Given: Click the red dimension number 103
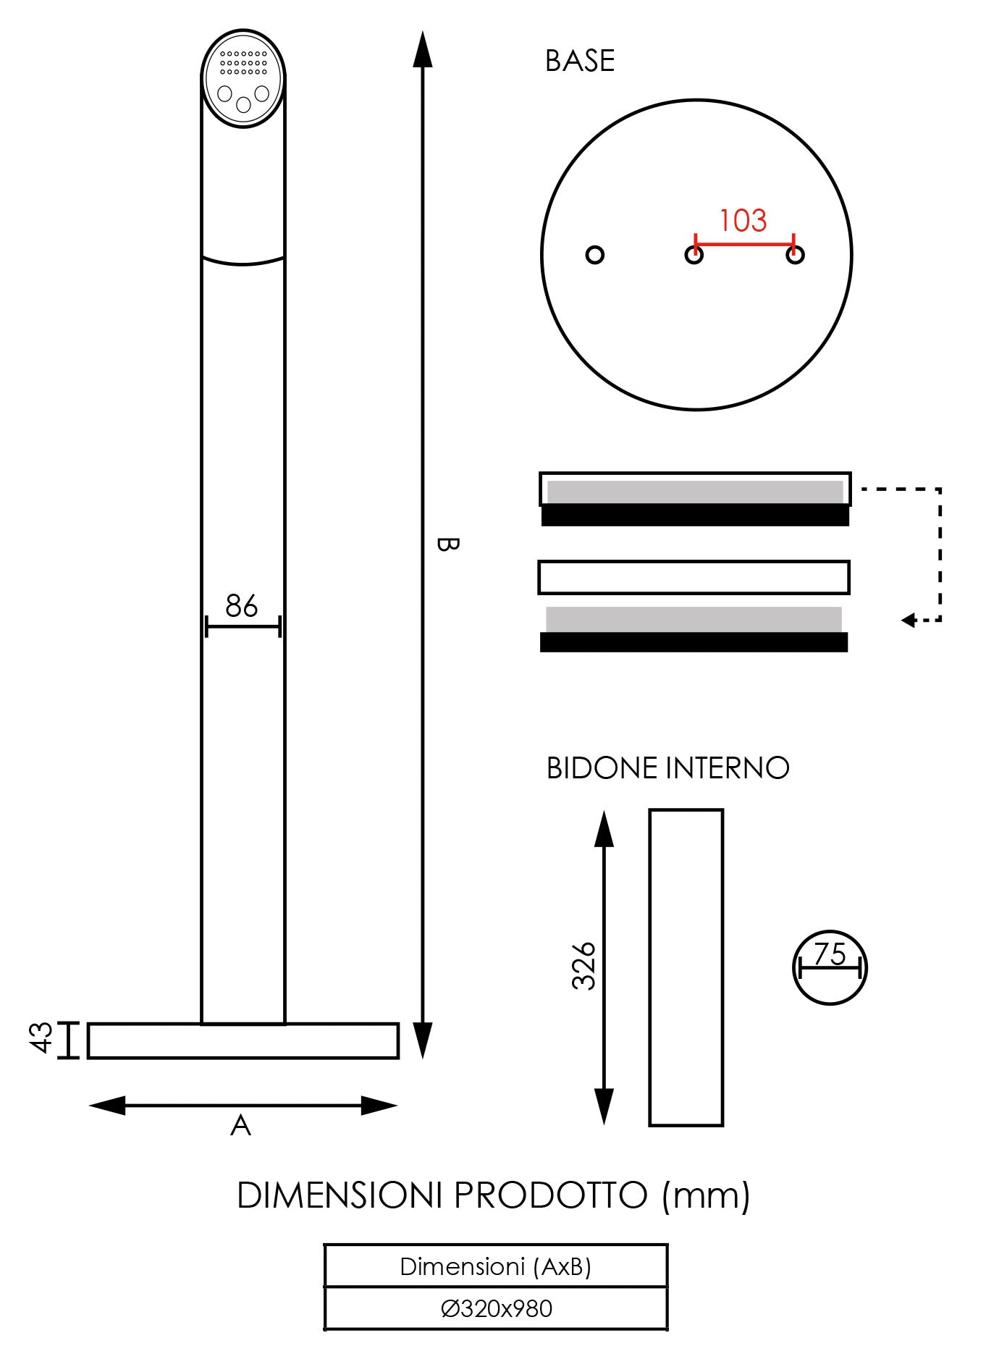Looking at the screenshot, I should pos(743,220).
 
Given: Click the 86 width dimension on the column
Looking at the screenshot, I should pos(241,606).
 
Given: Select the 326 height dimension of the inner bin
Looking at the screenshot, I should pos(583,966).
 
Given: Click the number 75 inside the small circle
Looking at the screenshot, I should pos(830,954).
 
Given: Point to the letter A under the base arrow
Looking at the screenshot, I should pos(240,1126).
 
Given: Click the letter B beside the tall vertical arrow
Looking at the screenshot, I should pos(447,544).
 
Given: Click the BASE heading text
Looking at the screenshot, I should pos(579,62).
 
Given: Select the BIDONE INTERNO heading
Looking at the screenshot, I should pos(667,768).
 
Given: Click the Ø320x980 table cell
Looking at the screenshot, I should pos(496,1308).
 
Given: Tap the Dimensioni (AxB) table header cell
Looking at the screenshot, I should pos(496,1266).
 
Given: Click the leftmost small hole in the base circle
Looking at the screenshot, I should pos(595,255).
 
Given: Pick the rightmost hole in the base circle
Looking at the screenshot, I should pos(795,256).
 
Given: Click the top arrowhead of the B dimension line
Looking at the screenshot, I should pos(423,51).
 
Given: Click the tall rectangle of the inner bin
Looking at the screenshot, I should pos(686,967).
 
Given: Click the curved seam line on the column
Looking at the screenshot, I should pos(243,262).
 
